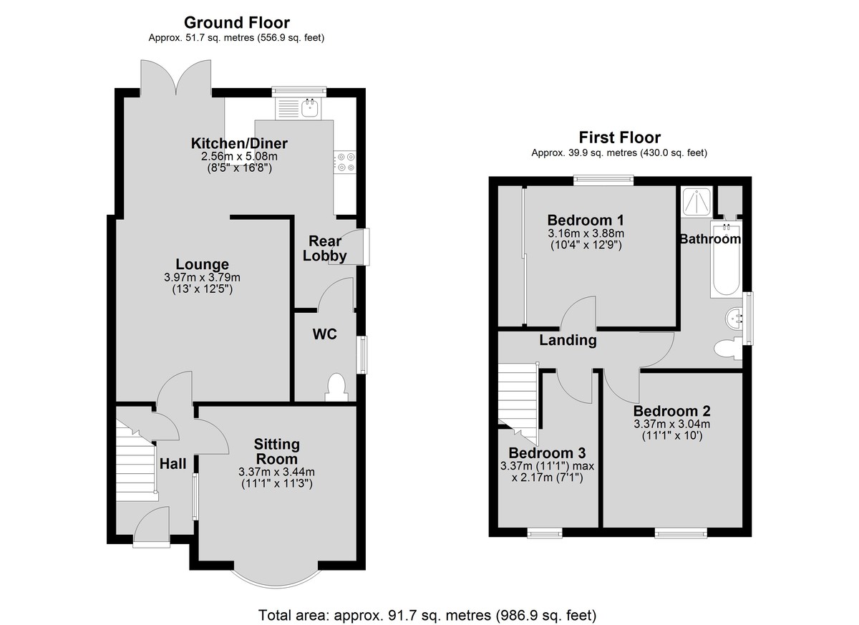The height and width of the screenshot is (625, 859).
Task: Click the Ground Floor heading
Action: pos(237,23)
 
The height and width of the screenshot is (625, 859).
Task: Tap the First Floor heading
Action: pos(619,137)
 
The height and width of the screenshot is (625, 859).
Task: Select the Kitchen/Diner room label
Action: pos(239,143)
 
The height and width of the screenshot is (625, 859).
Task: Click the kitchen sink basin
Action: pos(309,107)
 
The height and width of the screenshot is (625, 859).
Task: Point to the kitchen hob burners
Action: pos(345,162)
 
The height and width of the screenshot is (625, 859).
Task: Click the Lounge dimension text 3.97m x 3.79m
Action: pos(202,277)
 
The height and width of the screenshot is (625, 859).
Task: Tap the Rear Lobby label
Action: pos(325,248)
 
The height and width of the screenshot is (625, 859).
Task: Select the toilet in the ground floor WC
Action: pos(336,387)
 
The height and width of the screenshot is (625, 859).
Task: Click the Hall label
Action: pos(173,464)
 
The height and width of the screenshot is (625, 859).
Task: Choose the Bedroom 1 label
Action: pos(586,220)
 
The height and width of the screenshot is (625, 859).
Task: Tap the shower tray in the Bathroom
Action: pos(697,202)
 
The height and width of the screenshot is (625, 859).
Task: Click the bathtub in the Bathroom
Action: pos(727,259)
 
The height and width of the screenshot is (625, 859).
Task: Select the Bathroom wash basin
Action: pos(734,318)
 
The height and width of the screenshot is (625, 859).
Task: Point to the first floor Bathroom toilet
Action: pos(728,348)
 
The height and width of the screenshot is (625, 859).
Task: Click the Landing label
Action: pos(568,341)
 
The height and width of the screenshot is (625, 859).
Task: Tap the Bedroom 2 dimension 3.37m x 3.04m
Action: pos(672,424)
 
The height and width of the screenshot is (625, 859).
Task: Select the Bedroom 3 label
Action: pos(547,453)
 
